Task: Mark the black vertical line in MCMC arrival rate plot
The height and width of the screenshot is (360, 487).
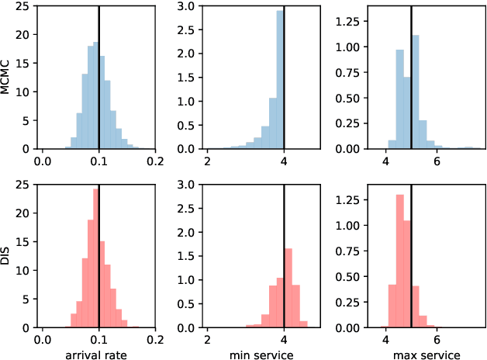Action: tap(99, 78)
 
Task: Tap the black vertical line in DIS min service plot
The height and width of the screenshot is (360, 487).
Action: tap(284, 256)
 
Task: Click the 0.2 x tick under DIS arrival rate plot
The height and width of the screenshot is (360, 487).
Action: tap(155, 339)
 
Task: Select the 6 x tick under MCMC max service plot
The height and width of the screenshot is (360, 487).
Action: tap(437, 161)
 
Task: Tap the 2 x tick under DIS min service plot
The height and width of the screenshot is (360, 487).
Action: tap(207, 339)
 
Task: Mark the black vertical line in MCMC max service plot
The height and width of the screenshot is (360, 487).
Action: tap(412, 78)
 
